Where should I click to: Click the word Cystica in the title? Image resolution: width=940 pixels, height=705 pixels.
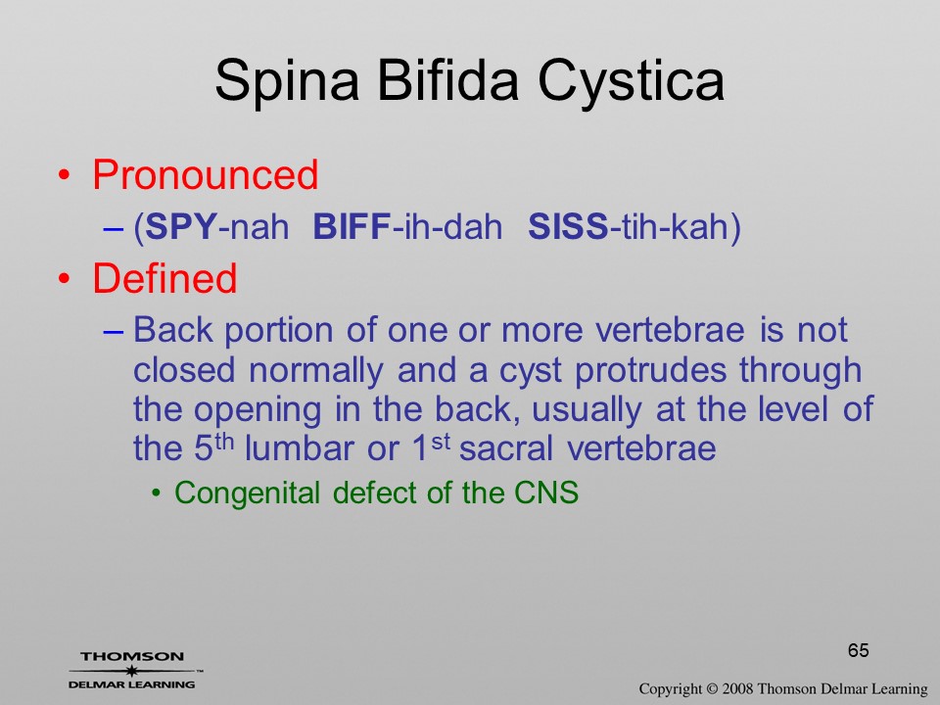click(x=632, y=81)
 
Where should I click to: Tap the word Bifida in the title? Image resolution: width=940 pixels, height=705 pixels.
click(x=447, y=79)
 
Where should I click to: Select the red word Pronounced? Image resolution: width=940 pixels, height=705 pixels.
click(x=205, y=174)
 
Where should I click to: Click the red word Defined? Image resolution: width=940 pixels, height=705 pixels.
click(x=164, y=278)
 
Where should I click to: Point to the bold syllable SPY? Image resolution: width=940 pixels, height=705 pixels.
click(x=181, y=227)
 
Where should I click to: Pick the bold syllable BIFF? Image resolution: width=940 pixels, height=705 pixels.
click(x=352, y=227)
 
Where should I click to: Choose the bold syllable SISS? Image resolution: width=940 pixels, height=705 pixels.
click(x=568, y=227)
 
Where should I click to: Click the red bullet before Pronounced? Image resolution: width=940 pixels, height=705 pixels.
click(x=65, y=175)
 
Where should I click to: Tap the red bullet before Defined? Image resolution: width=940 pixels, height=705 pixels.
click(x=65, y=279)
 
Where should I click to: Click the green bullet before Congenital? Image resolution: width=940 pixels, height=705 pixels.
click(x=157, y=493)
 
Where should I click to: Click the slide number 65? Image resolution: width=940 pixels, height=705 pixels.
click(x=859, y=650)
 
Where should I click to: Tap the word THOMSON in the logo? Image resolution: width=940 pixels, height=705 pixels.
click(x=132, y=656)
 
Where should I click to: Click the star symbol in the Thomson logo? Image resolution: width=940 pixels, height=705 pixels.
click(x=131, y=671)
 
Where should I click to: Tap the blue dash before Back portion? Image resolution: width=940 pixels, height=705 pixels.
click(x=114, y=332)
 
